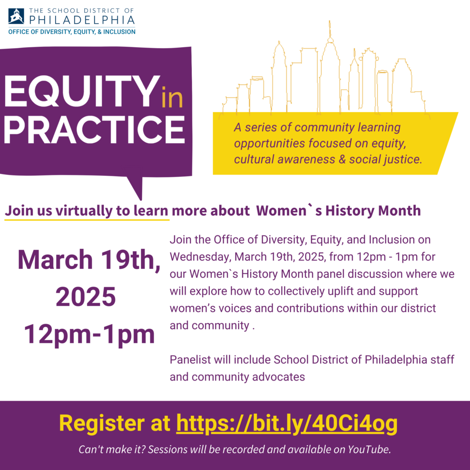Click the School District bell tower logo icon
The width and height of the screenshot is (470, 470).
[x=16, y=16]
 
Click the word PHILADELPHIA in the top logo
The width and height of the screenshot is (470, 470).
[x=82, y=20]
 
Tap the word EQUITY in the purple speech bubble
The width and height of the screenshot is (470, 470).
[x=82, y=91]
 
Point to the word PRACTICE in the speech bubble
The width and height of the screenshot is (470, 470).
[x=94, y=129]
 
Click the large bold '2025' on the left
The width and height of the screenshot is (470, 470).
[x=85, y=297]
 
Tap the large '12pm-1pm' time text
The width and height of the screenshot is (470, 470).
[x=90, y=334]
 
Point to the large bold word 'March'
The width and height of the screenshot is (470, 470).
[x=55, y=259]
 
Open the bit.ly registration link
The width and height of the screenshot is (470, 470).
[x=286, y=423]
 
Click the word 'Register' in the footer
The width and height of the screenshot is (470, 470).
[x=102, y=424]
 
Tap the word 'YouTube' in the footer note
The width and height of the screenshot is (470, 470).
[x=369, y=449]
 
